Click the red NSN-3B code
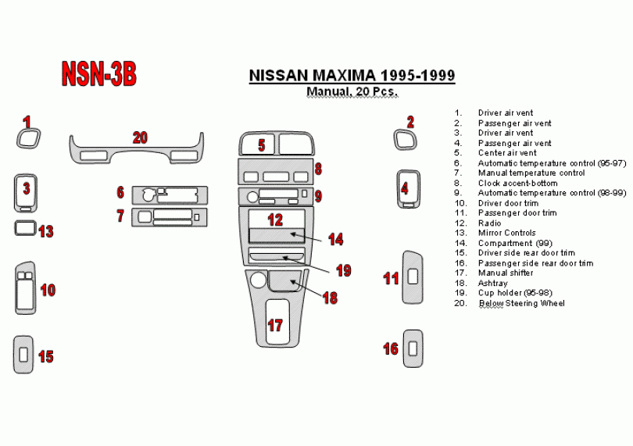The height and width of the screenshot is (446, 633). (x=99, y=74)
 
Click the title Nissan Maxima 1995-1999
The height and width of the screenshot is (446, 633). (x=352, y=76)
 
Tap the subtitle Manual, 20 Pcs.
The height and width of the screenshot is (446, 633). (x=352, y=91)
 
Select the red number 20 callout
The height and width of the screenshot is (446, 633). (x=140, y=138)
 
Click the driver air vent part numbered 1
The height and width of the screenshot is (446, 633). (x=20, y=138)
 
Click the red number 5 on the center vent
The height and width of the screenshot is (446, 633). (x=262, y=145)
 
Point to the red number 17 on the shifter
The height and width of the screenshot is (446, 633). (x=275, y=325)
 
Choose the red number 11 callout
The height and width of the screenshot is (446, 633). (x=391, y=279)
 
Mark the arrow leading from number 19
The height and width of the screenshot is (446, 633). (x=309, y=264)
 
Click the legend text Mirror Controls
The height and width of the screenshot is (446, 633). (x=506, y=233)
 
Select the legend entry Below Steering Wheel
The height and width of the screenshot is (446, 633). (x=521, y=303)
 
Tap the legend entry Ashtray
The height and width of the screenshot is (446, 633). (x=492, y=284)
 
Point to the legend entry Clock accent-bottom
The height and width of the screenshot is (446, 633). (x=517, y=183)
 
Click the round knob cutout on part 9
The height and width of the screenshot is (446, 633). (x=252, y=197)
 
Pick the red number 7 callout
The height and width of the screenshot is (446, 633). (x=120, y=216)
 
